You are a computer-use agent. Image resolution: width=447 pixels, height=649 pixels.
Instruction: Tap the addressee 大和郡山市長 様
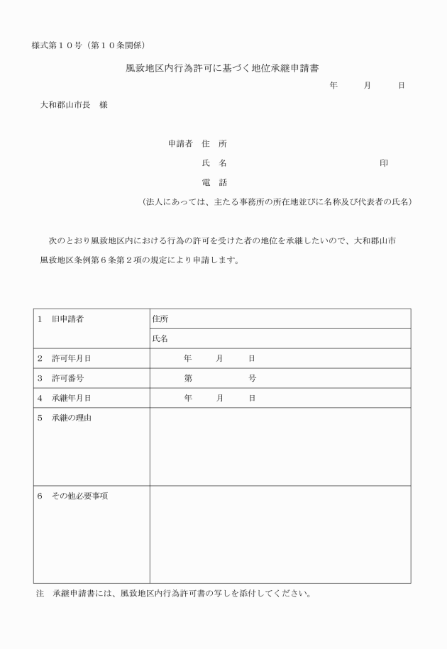pos(74,105)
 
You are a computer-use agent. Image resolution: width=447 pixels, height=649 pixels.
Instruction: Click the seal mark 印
pos(384,163)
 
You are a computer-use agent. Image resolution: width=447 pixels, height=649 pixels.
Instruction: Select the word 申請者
pos(180,143)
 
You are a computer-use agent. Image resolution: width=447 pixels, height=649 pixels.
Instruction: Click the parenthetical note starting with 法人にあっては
pos(277,201)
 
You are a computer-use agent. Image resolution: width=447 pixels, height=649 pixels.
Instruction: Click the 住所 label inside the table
pos(160,319)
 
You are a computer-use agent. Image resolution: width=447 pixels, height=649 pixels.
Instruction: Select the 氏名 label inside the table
pos(160,339)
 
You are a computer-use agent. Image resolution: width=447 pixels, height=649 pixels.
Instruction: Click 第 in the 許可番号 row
pos(188,378)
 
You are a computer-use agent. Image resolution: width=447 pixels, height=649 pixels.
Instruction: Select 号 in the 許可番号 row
pos(252,378)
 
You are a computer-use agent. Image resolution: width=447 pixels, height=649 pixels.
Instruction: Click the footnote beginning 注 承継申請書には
pos(173,593)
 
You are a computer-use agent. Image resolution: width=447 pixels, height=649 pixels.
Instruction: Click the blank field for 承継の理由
pos(280,447)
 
